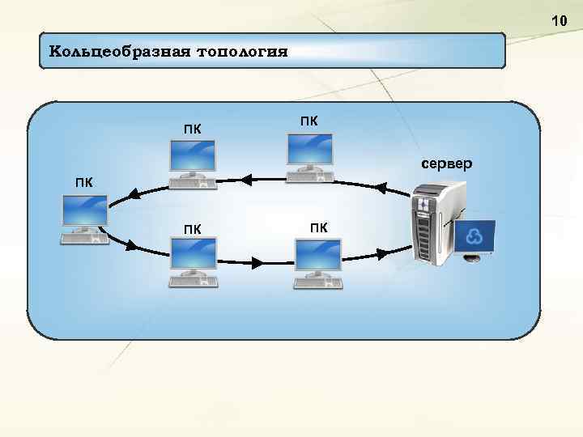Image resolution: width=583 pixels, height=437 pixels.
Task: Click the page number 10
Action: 560,19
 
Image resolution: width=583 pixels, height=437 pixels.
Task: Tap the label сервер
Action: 447,164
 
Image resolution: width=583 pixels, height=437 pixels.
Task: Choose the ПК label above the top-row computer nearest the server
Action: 309,121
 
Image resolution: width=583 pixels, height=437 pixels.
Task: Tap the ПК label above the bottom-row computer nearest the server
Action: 319,227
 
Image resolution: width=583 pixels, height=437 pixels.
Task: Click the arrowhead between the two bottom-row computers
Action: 257,262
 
